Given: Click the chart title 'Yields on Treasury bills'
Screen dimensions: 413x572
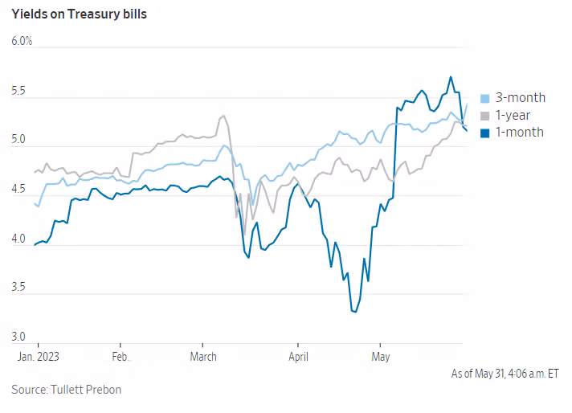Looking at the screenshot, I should (79, 14).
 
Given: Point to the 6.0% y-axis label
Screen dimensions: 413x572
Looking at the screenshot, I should (22, 40).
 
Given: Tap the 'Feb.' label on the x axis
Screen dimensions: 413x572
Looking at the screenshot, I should (120, 356).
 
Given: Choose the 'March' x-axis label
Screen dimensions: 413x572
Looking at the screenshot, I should (203, 356).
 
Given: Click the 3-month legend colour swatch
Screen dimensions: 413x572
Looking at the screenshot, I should (484, 98).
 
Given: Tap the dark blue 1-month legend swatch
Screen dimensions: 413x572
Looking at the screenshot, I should (484, 132).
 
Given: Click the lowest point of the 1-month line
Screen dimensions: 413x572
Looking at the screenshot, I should (353, 311).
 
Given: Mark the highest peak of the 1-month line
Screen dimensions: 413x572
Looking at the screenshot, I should (451, 77).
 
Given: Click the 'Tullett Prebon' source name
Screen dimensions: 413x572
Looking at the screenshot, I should (86, 390).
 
